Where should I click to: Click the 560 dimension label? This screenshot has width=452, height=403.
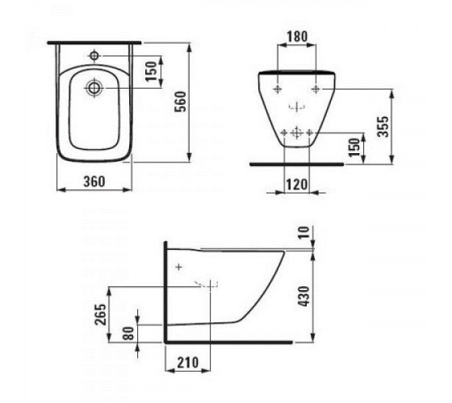point(182,102)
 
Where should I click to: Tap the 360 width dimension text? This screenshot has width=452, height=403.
point(94,181)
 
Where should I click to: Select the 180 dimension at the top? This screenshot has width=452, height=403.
point(297,36)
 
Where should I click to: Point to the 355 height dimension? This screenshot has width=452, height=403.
point(383,127)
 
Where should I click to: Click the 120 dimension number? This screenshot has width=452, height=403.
point(297,185)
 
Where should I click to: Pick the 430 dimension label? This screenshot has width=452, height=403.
point(304,297)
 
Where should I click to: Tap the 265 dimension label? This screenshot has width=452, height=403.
point(101,314)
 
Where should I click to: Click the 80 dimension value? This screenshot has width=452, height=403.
point(130,334)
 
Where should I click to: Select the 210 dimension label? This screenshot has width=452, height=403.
point(187,363)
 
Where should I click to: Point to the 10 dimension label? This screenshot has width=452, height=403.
point(303,233)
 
